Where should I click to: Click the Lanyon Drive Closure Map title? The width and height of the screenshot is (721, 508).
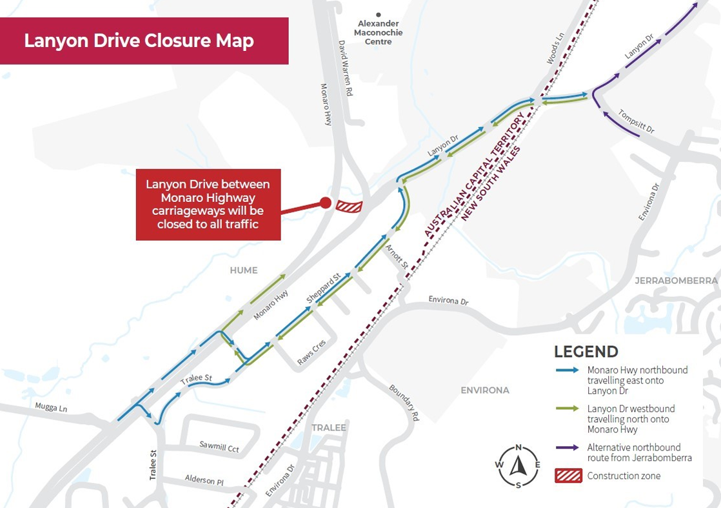click(x=139, y=41)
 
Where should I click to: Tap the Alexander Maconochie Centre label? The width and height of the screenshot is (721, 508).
click(x=379, y=32)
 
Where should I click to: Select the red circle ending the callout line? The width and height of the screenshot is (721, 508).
click(x=326, y=203)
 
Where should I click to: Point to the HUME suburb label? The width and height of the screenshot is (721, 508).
click(x=244, y=270)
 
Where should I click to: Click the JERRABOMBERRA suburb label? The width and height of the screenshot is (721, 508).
click(x=676, y=281)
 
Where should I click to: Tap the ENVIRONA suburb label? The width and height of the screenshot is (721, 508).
click(x=485, y=391)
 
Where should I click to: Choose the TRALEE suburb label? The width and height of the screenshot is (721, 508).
click(x=329, y=427)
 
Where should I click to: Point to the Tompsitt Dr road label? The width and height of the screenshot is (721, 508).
click(x=636, y=121)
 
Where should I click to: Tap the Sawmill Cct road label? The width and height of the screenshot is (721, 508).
click(x=219, y=448)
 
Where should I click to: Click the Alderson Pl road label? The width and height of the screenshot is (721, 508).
click(x=204, y=480)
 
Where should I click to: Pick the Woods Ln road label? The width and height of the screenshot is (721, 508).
click(x=555, y=49)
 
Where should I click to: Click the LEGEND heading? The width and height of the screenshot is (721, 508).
click(x=586, y=352)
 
